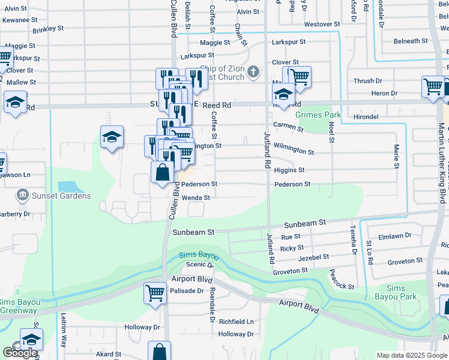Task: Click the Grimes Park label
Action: [318, 115]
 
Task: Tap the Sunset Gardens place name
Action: [62, 196]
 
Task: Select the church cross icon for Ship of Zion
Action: [253, 73]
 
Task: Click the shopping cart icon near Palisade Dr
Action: [155, 293]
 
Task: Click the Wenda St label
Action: [196, 197]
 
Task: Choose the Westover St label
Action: [322, 25]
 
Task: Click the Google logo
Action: [20, 353]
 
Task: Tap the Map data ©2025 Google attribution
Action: [411, 355]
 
